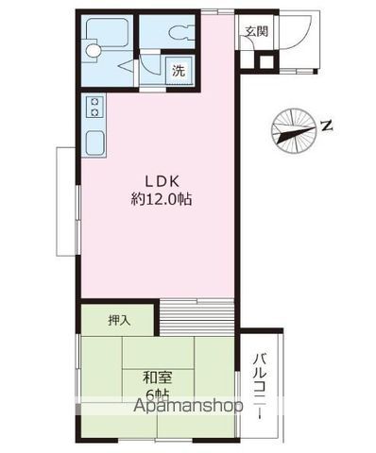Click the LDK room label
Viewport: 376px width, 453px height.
[x=162, y=181]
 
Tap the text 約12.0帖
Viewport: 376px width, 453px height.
[x=162, y=199]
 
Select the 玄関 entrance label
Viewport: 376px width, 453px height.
[x=257, y=31]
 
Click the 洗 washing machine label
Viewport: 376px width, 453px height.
[x=179, y=71]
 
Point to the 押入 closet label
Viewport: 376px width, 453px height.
[x=119, y=320]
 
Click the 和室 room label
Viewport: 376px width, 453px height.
[x=158, y=377]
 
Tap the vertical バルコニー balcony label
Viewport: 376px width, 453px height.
[x=260, y=387]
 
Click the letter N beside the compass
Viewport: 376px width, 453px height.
[x=327, y=126]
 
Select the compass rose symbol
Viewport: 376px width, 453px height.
[x=294, y=131]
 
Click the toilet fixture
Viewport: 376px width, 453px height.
[x=181, y=33]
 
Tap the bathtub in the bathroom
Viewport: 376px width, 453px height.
[x=107, y=32]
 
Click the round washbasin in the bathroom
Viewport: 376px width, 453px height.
[x=94, y=50]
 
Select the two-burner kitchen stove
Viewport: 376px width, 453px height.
[x=94, y=107]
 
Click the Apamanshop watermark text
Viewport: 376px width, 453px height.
[x=188, y=406]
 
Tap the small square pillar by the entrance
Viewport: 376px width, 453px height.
[x=266, y=62]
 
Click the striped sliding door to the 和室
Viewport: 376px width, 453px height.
[x=197, y=318]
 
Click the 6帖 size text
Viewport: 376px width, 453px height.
[x=158, y=394]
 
